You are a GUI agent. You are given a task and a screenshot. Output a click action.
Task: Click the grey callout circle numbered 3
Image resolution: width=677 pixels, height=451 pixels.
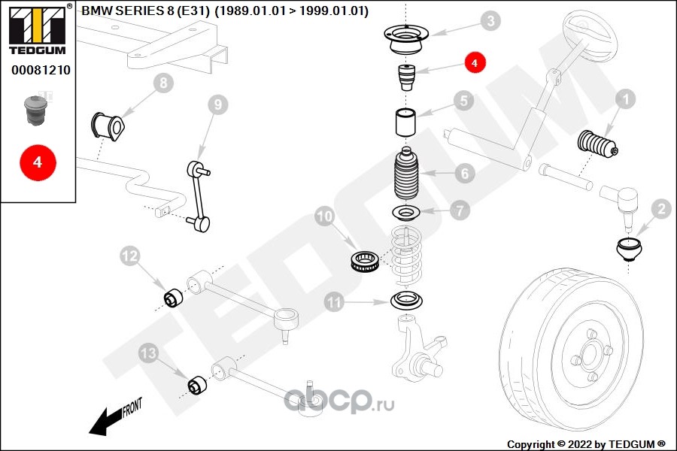[490, 21]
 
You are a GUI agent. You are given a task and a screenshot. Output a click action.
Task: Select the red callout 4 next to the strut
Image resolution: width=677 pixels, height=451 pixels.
[475, 62]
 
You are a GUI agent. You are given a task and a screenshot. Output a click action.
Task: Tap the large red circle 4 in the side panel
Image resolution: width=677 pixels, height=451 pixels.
[38, 162]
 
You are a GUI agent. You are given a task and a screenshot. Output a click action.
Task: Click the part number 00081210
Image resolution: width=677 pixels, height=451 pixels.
[41, 70]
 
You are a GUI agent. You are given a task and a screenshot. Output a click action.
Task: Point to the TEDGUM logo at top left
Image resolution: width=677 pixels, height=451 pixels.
[38, 29]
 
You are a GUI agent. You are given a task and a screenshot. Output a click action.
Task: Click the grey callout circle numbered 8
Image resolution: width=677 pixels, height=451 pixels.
[163, 83]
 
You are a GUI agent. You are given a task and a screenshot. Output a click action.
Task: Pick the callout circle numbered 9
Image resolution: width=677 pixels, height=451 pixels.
[218, 104]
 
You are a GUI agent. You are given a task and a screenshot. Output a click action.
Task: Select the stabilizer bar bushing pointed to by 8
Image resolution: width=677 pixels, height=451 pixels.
[108, 126]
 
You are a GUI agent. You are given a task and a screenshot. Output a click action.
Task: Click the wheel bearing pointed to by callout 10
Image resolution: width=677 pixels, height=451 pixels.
[365, 262]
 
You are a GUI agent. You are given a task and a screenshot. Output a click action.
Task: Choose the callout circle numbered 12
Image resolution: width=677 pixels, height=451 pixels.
[130, 256]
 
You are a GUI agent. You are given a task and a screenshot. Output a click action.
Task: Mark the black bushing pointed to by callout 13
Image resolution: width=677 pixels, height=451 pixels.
[197, 385]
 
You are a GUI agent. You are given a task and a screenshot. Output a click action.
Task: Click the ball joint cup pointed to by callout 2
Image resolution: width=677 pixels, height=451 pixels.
[629, 250]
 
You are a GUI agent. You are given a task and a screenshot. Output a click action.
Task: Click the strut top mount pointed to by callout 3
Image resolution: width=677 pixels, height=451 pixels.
[406, 40]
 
